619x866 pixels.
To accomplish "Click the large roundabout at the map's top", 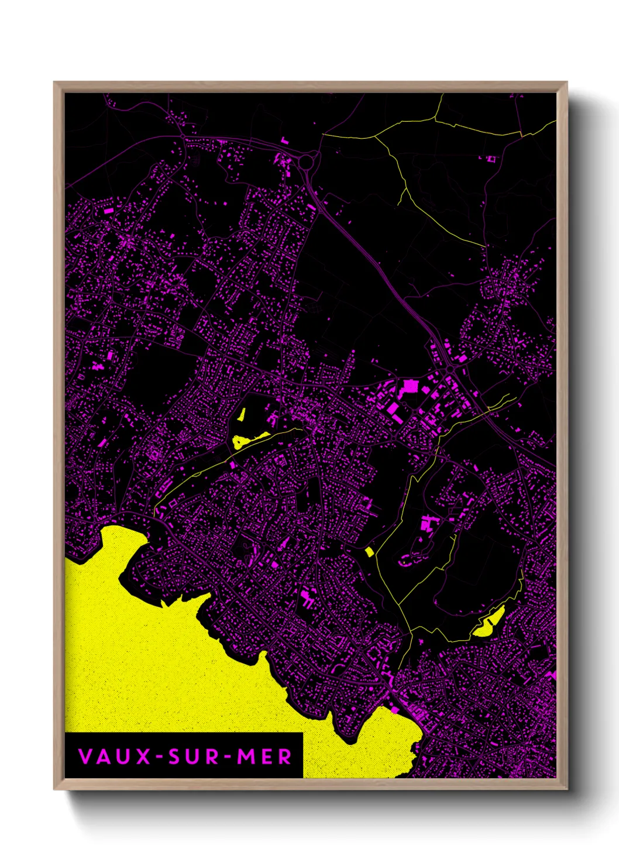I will pyautogui.click(x=307, y=160).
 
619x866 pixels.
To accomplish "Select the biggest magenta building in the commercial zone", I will pyautogui.click(x=408, y=386).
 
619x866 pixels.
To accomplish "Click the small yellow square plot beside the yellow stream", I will pyautogui.click(x=369, y=551).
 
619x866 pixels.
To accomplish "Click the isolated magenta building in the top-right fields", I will pyautogui.click(x=490, y=159).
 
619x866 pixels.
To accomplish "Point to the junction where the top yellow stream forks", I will pyautogui.click(x=374, y=137).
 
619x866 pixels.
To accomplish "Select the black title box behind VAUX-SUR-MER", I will pyautogui.click(x=184, y=755).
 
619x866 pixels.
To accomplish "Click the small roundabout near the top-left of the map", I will pyautogui.click(x=183, y=136).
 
